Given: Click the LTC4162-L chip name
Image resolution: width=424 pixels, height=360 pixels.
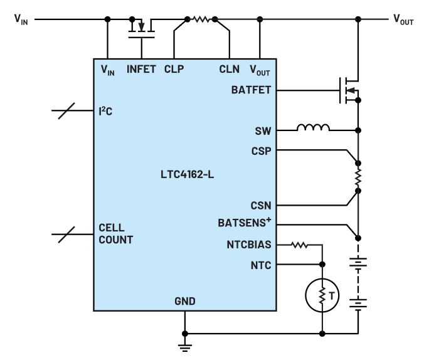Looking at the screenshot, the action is coord(187,174).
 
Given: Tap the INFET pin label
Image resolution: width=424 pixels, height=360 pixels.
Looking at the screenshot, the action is coord(141,69).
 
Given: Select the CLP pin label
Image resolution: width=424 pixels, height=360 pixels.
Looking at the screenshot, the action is coord(174,69).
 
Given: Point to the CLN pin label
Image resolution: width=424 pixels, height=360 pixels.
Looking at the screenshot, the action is coord(230,69).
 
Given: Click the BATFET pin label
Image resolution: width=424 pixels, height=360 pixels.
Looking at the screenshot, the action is coord(251,90).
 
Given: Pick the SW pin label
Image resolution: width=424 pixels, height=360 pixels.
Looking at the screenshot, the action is coord(263,131).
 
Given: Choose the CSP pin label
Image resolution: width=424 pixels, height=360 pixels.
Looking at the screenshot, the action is coord(261,151).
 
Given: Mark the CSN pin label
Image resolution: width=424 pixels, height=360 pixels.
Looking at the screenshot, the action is coord(261,206).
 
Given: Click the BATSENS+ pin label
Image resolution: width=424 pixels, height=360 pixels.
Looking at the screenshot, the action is coord(245,222).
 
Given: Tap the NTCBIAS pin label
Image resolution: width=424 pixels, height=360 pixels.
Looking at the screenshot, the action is coord(249,245).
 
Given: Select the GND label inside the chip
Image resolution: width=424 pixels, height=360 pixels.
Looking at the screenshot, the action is coord(185,301).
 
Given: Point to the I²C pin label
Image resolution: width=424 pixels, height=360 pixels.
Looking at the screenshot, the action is coord(105,111).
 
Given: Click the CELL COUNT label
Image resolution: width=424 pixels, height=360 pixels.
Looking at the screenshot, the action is coord(116,234).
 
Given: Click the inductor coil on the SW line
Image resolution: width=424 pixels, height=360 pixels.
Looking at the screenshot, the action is coord(313,128).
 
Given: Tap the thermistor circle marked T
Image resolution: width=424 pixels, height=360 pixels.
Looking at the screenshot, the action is coord(322,295).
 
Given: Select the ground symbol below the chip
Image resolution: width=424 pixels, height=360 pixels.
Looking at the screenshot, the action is coord(185,348).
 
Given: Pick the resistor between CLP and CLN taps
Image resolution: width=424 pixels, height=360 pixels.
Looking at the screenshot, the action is coord(201,19).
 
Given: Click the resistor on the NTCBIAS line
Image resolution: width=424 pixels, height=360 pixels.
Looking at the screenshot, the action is coord(299,245).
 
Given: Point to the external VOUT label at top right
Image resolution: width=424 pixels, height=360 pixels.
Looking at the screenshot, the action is coord(403,19).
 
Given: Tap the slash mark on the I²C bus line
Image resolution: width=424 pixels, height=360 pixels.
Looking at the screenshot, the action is coord(66,111).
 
